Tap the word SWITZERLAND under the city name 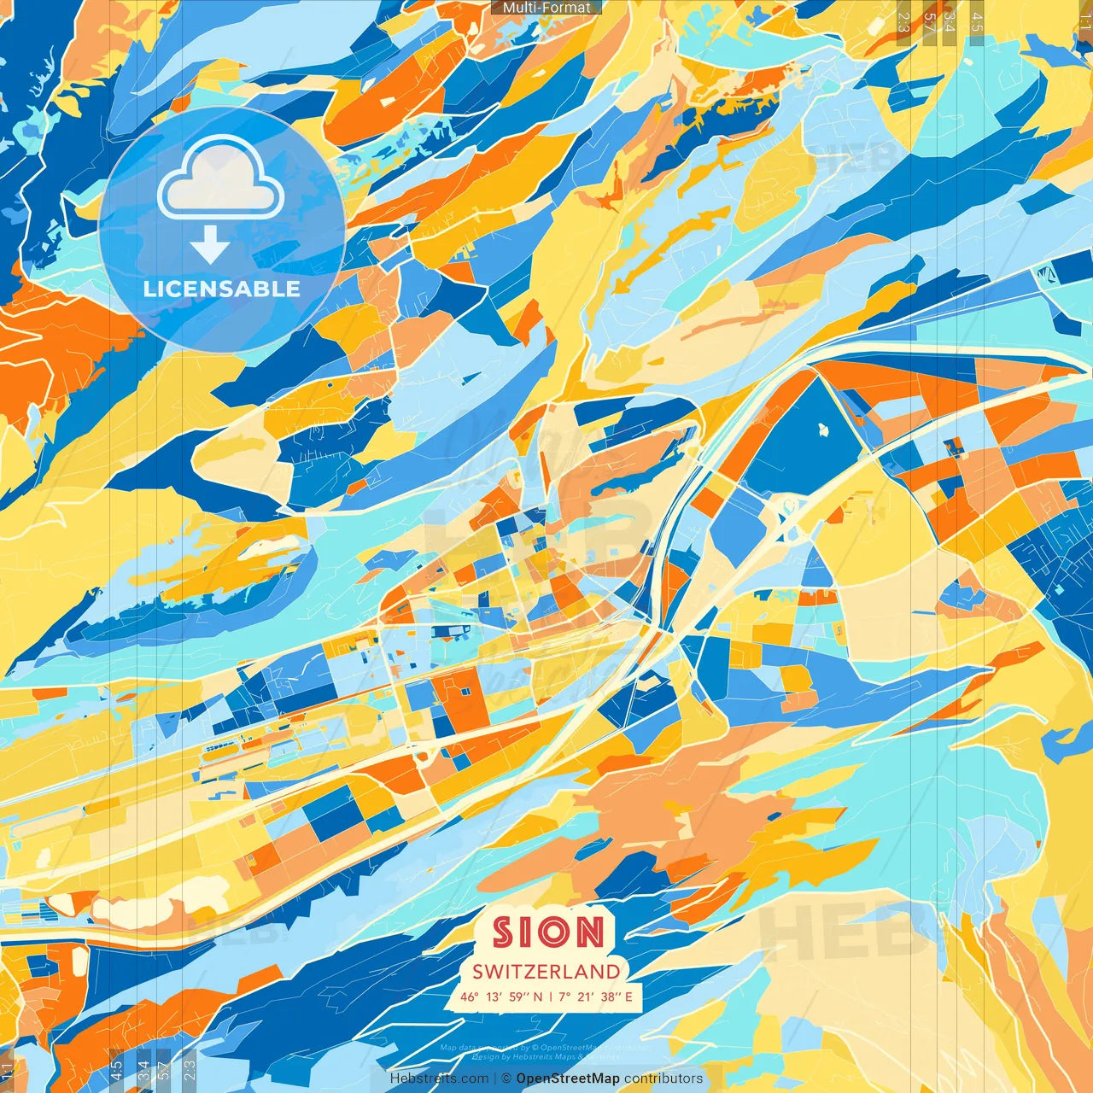click(x=546, y=971)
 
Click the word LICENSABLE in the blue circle click(x=222, y=289)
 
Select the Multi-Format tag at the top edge click(x=546, y=8)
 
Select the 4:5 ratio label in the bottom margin click(x=116, y=1070)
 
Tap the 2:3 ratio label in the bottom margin click(x=190, y=1070)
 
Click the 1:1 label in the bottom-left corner click(x=8, y=1070)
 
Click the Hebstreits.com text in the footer click(x=439, y=1078)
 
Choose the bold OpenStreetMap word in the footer click(x=568, y=1078)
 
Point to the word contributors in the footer click(x=663, y=1078)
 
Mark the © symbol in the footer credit click(x=506, y=1078)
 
